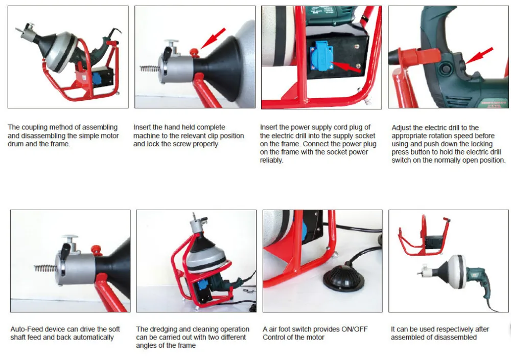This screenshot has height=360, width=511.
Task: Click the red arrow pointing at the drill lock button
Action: [479, 55]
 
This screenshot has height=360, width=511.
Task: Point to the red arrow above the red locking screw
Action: [213, 38]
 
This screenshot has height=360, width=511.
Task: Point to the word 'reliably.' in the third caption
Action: [271, 161]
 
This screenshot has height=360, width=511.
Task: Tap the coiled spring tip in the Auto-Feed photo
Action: [46, 268]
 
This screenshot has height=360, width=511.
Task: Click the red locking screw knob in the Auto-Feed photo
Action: [97, 250]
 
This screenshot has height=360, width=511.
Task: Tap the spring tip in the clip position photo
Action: [150, 69]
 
